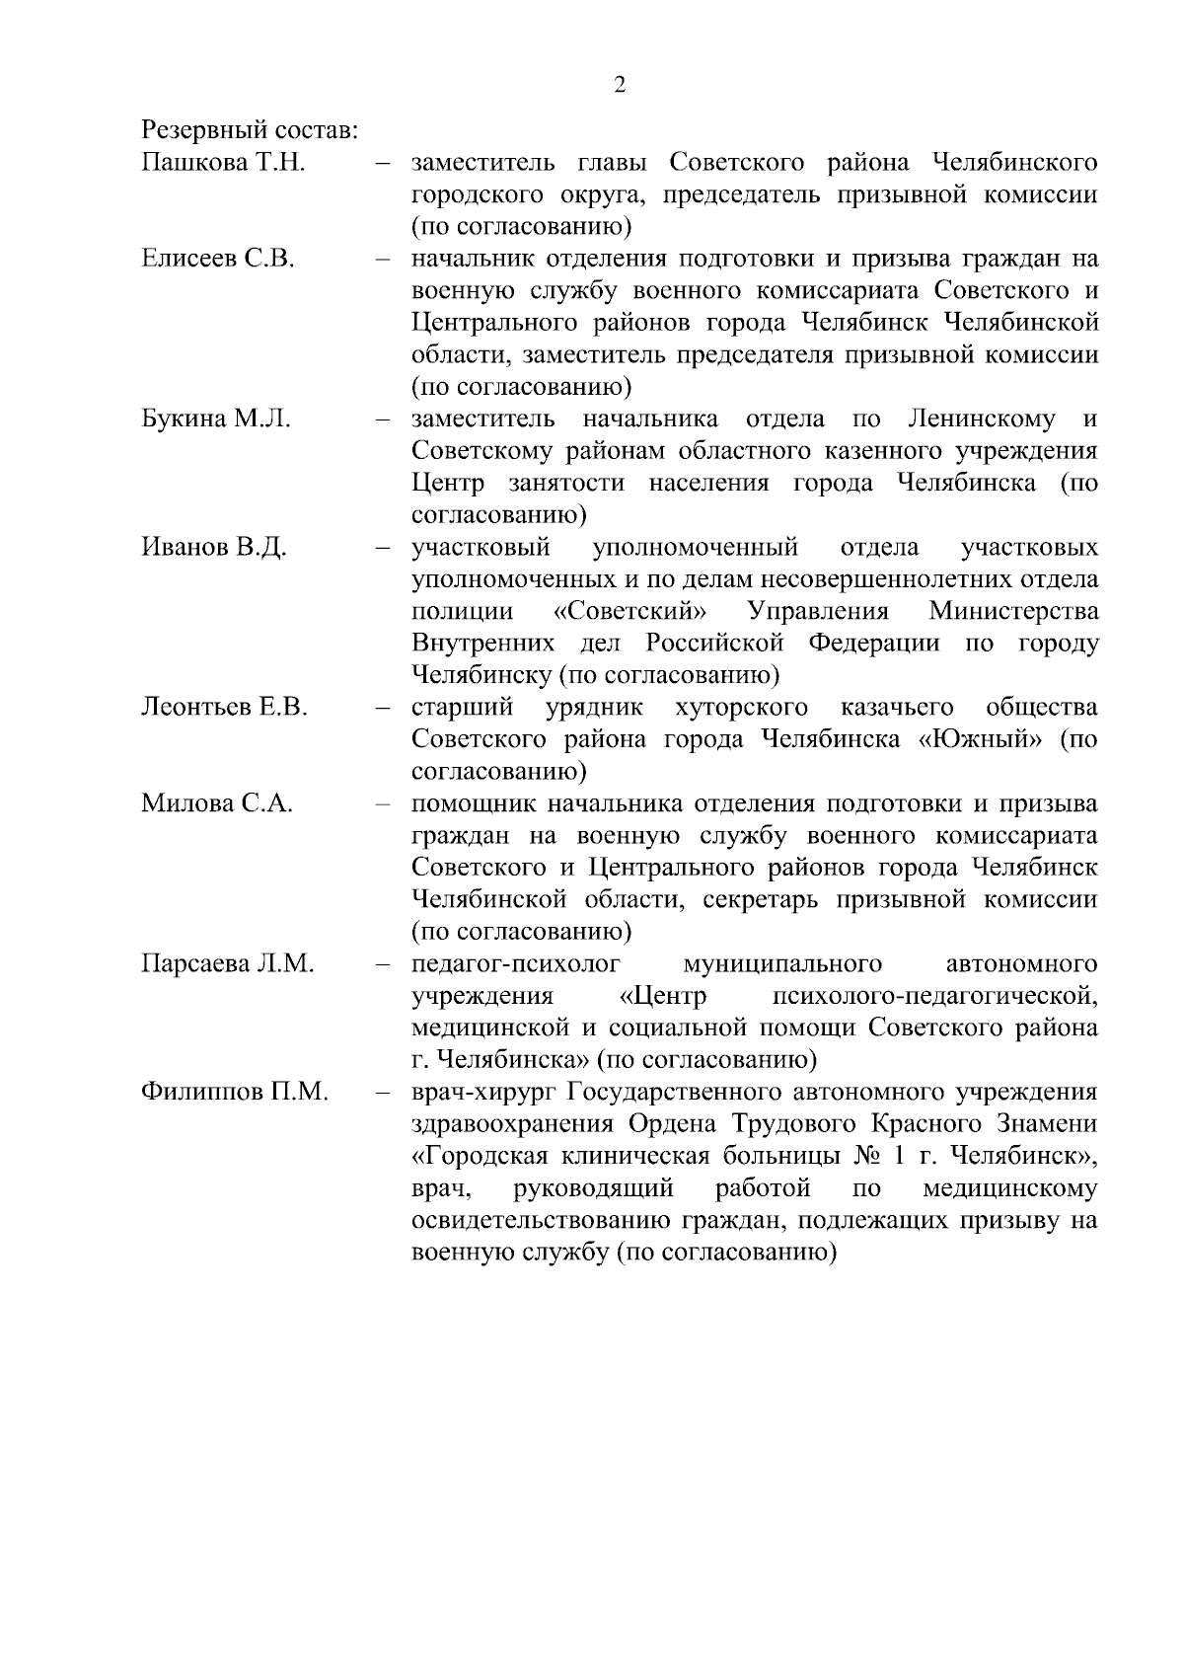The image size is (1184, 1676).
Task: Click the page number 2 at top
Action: click(620, 85)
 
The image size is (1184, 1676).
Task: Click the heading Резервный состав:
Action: click(250, 130)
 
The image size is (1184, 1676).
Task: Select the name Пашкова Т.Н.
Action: click(223, 163)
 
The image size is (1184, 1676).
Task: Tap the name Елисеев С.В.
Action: click(218, 259)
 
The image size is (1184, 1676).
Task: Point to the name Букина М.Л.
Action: click(216, 419)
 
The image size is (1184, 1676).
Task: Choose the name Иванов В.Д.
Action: click(214, 547)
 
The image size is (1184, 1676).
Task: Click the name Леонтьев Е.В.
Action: click(225, 707)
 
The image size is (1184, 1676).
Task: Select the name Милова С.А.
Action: click(217, 802)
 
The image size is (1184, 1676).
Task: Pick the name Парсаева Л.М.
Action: click(228, 963)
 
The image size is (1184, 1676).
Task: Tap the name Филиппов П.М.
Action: click(235, 1092)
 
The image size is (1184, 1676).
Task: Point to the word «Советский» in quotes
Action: click(634, 611)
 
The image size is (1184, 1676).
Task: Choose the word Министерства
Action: click(1013, 611)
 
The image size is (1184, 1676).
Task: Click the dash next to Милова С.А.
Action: click(383, 803)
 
